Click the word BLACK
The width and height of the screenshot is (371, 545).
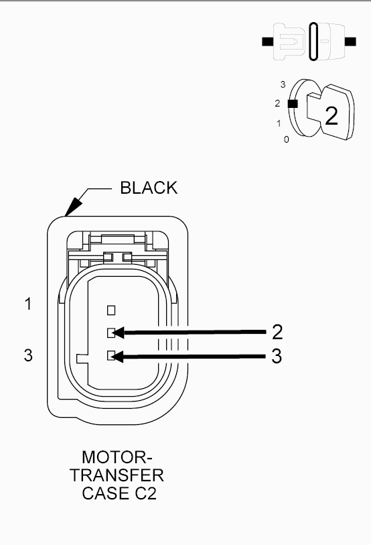tap(149, 188)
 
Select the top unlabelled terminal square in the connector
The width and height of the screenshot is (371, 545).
tap(111, 310)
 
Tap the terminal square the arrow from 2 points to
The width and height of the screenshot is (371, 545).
tap(111, 332)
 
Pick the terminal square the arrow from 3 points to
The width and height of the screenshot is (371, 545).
tap(111, 357)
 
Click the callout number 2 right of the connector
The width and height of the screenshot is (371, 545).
tap(277, 332)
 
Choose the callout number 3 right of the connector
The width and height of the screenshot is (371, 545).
tap(277, 356)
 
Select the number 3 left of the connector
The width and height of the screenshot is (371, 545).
tap(28, 355)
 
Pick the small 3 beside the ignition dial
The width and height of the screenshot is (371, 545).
tap(283, 84)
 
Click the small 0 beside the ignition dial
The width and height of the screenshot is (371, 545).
tap(286, 139)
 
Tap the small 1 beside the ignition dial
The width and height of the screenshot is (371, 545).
tap(278, 123)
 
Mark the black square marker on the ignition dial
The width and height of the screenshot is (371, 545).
tap(291, 104)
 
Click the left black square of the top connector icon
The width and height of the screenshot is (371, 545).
tap(267, 42)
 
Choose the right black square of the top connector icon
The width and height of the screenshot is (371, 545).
tap(350, 42)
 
